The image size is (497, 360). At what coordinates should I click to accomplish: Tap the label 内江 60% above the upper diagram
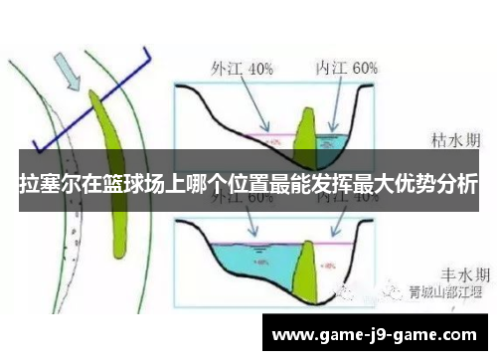click(x=346, y=69)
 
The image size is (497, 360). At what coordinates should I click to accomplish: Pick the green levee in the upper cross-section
click(x=306, y=130)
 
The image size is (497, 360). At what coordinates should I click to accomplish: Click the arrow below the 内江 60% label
click(x=336, y=104)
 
